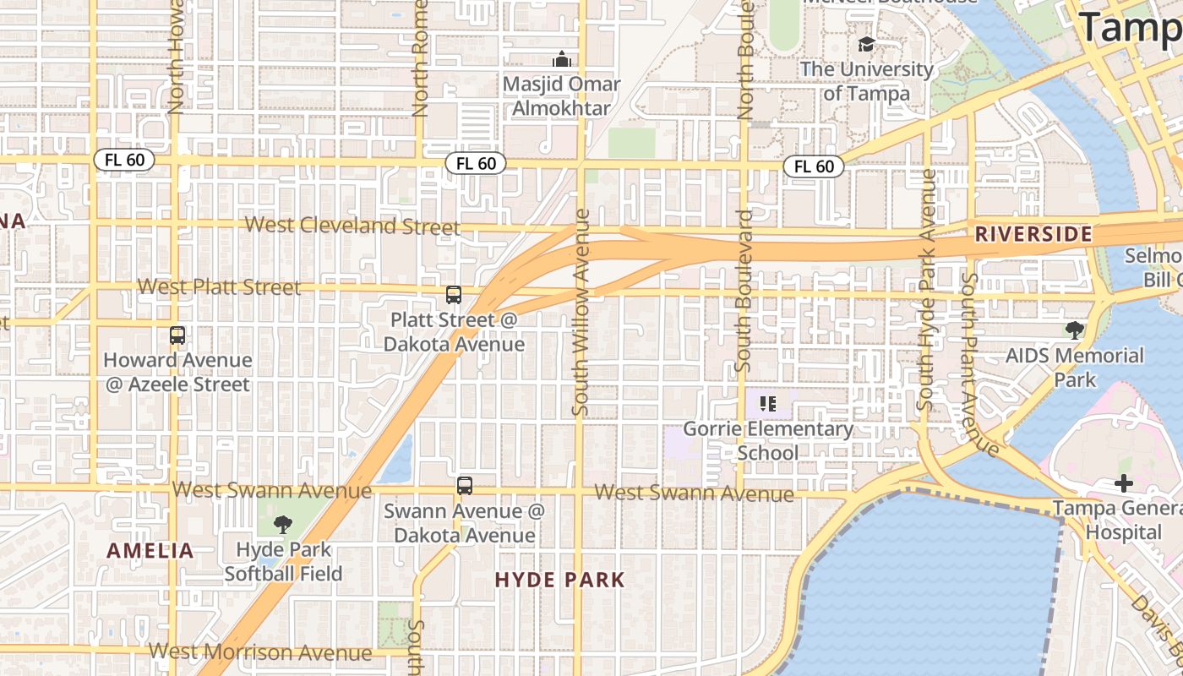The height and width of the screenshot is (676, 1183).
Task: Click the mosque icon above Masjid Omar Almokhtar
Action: (561, 60)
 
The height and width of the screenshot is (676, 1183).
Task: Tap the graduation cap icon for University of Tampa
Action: (866, 44)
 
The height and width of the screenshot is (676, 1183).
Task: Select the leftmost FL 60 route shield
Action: (124, 160)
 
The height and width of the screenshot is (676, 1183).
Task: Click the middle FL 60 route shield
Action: (476, 163)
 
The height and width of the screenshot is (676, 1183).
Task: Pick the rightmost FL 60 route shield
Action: (814, 166)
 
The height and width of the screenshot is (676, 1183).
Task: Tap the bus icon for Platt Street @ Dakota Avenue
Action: (454, 295)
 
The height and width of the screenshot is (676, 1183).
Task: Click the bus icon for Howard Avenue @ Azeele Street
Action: (177, 335)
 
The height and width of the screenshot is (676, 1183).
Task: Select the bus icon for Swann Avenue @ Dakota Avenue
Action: (464, 486)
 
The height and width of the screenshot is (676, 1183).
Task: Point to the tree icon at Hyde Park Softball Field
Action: (283, 525)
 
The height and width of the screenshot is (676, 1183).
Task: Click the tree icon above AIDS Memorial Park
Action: (1074, 330)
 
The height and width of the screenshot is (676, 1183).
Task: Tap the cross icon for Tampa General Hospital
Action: (1123, 484)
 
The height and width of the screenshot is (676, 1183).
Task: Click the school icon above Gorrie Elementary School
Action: (767, 404)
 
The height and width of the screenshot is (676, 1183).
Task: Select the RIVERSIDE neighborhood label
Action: (1033, 234)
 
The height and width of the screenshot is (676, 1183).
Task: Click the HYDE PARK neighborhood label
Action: (559, 580)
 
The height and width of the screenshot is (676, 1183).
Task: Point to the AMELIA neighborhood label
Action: (150, 551)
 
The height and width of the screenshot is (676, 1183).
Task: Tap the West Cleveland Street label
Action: (352, 226)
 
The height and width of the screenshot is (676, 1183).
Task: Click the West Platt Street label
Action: (219, 287)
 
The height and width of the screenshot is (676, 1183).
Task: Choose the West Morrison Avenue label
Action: (260, 652)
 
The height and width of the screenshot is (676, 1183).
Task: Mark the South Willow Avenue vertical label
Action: (581, 313)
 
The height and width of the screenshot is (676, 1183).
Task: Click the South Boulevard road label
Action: (744, 292)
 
